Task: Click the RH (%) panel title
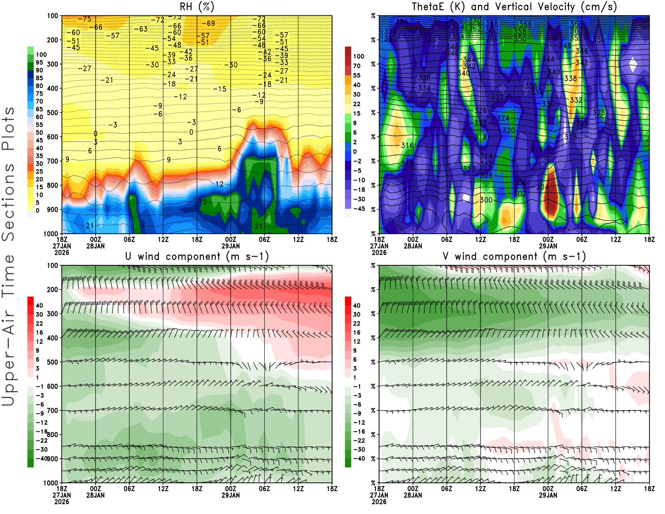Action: pyautogui.click(x=197, y=7)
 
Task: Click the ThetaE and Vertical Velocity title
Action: pyautogui.click(x=514, y=7)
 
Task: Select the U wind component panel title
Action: pyautogui.click(x=197, y=256)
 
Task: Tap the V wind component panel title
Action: pyautogui.click(x=514, y=256)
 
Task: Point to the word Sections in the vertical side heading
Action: pyautogui.click(x=8, y=202)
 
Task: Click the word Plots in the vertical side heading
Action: pyautogui.click(x=8, y=128)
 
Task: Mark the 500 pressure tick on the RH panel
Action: pyautogui.click(x=52, y=112)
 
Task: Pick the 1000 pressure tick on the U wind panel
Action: pyautogui.click(x=51, y=483)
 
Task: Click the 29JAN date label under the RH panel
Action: pyautogui.click(x=230, y=246)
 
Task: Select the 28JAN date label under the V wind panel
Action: pyautogui.click(x=413, y=495)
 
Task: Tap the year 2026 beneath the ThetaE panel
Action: pyautogui.click(x=379, y=252)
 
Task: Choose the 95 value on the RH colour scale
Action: pyautogui.click(x=39, y=62)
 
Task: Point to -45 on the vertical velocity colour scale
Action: pyautogui.click(x=359, y=209)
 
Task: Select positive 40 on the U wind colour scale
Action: pyautogui.click(x=39, y=305)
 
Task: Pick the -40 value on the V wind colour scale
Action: pyautogui.click(x=359, y=458)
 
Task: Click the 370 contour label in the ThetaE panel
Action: pyautogui.click(x=475, y=21)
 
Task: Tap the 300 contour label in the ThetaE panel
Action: pyautogui.click(x=486, y=200)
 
